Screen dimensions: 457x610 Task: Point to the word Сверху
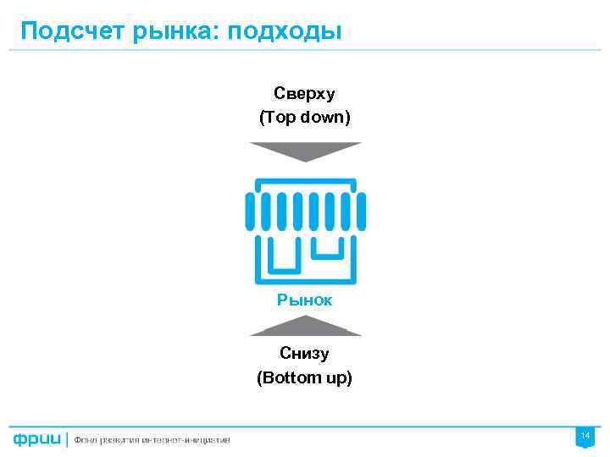[x=304, y=91]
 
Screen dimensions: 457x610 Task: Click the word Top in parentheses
[x=280, y=117]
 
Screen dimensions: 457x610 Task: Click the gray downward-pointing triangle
[x=305, y=151]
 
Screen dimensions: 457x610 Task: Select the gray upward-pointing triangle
[x=305, y=326]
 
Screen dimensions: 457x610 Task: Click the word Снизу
[x=304, y=353]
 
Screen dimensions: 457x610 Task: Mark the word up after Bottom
[x=337, y=377]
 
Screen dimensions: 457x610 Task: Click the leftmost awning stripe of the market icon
[x=250, y=211]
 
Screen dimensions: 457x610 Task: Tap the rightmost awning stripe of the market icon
[x=361, y=211]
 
